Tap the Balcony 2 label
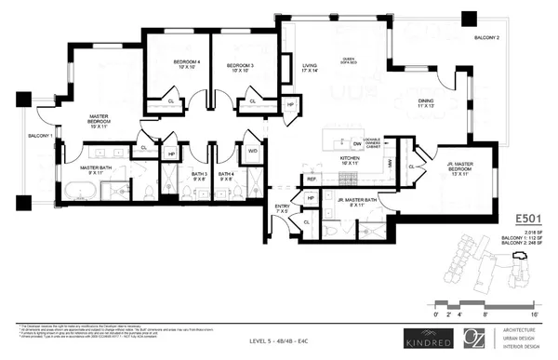(486, 38)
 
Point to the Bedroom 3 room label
(245, 66)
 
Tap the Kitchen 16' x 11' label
(349, 160)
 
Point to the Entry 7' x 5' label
(282, 208)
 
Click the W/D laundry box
(252, 150)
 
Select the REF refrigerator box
(312, 178)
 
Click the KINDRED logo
(424, 337)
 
